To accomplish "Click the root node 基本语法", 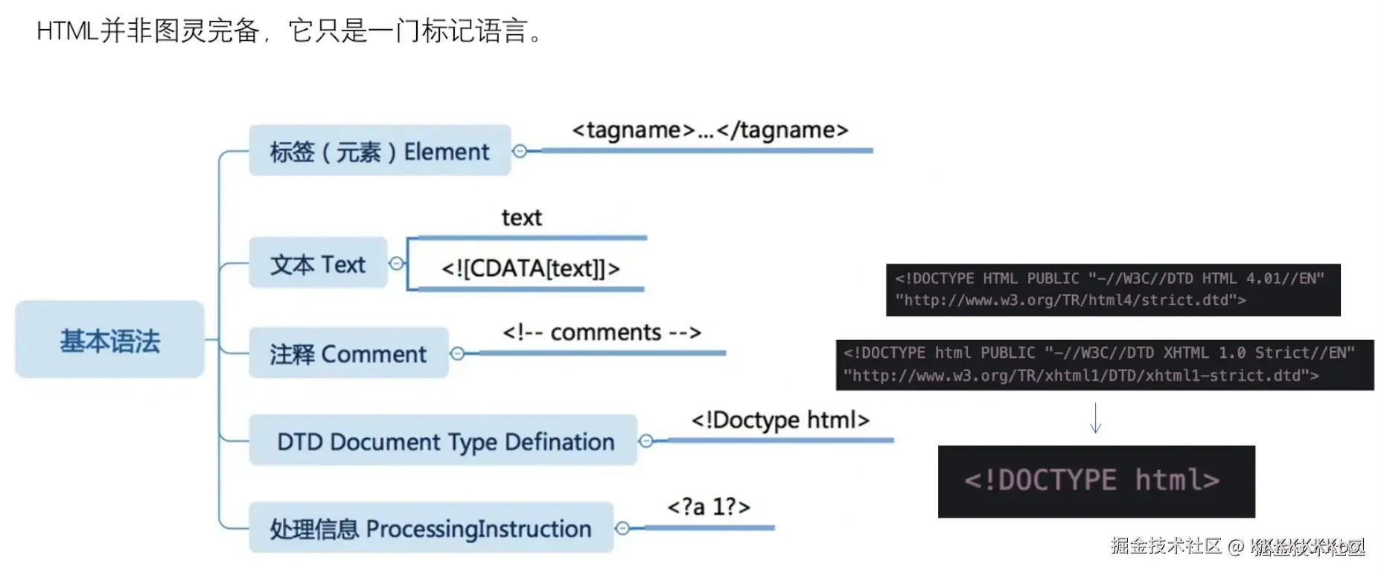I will tap(109, 340).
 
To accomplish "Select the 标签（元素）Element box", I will tap(380, 151).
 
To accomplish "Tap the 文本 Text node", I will tap(318, 263).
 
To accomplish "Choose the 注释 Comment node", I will tap(348, 353).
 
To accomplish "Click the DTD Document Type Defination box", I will tap(444, 441).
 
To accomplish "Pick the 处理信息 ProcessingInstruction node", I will tap(430, 528).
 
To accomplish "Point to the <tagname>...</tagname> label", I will tap(709, 130).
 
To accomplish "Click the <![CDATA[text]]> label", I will tap(530, 268).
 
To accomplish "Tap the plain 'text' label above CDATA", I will tap(521, 218).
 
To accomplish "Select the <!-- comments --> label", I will tap(602, 332).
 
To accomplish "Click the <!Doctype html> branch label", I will tap(780, 420).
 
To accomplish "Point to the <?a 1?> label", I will tap(709, 507).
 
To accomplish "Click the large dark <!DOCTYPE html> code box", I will tap(1096, 481).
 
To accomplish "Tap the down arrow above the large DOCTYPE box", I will tap(1095, 418).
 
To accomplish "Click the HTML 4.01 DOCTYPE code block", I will tap(1112, 289).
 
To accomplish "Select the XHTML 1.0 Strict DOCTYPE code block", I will tap(1104, 364).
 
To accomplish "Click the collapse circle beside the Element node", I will tap(520, 151).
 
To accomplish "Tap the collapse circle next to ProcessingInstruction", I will tap(622, 528).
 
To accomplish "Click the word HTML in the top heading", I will tap(67, 31).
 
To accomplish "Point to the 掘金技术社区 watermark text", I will tap(1166, 546).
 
